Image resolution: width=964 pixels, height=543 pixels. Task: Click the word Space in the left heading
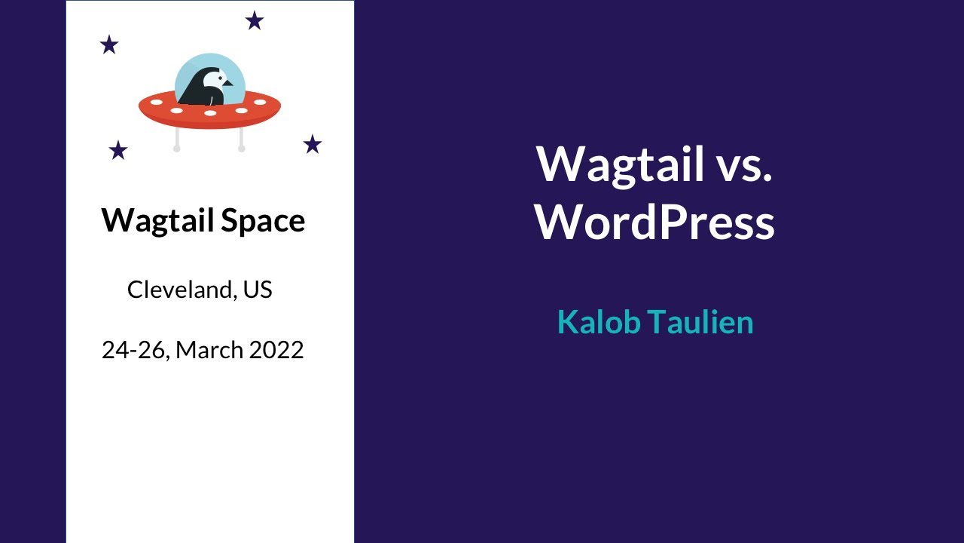click(264, 221)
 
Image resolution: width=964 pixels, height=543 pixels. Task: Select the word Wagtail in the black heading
click(159, 220)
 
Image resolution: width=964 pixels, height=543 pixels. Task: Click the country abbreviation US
click(258, 290)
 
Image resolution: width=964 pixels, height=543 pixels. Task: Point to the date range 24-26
click(133, 350)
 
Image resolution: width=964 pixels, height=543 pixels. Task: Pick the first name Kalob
click(599, 322)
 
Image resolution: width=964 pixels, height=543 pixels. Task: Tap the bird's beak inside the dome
click(227, 83)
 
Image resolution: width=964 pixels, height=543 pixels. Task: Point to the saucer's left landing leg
click(177, 140)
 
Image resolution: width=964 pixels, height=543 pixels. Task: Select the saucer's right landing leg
click(241, 140)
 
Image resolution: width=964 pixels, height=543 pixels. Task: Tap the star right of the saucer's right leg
click(313, 144)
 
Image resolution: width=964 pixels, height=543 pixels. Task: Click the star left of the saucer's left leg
click(118, 150)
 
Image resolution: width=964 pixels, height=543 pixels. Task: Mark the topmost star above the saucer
click(255, 20)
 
